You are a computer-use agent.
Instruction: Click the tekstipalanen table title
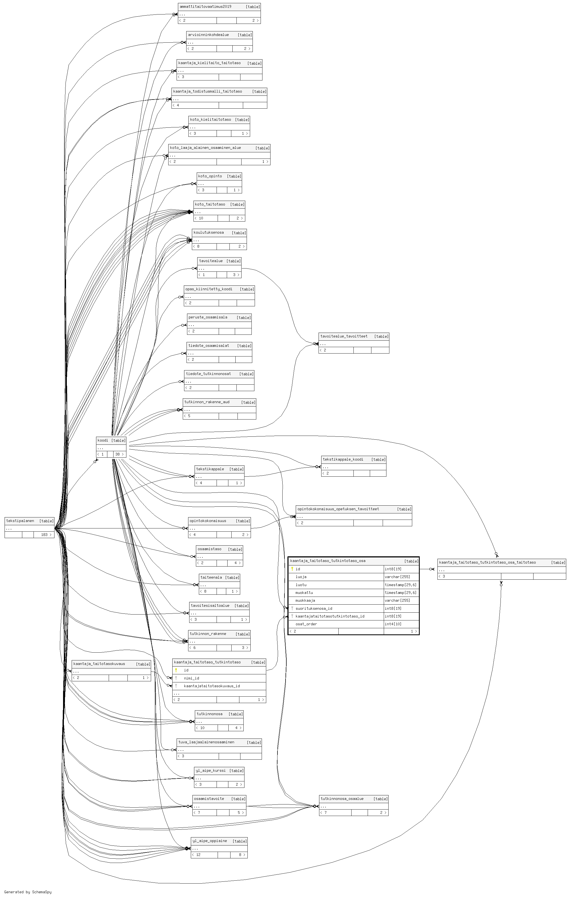click(20, 521)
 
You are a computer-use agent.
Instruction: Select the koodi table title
click(103, 440)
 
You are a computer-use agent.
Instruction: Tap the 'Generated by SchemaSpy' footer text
click(28, 892)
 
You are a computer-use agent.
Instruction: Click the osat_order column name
click(306, 624)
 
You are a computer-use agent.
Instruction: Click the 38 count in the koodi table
click(118, 454)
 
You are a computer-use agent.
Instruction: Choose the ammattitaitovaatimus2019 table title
click(205, 7)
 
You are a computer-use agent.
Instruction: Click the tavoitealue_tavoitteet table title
click(344, 336)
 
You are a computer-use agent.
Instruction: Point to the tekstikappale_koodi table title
click(343, 459)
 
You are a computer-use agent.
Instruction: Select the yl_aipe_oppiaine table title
click(210, 841)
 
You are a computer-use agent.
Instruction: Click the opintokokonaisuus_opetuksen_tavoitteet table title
click(338, 509)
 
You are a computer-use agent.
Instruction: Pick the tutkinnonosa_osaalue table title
click(342, 799)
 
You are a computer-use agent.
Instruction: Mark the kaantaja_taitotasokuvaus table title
click(99, 664)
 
